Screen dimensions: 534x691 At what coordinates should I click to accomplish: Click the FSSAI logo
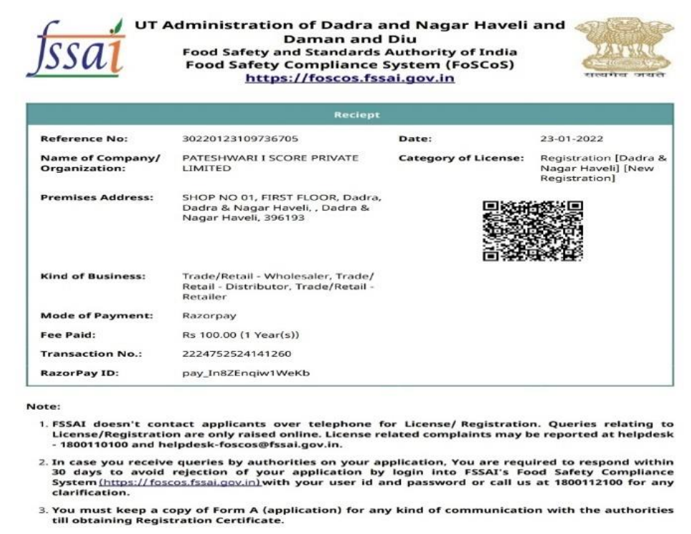(x=74, y=49)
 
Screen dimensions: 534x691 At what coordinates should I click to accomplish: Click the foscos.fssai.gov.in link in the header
(x=349, y=78)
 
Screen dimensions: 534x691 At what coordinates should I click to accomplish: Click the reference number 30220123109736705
(x=240, y=138)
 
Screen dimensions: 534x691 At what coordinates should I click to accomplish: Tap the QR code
(x=532, y=230)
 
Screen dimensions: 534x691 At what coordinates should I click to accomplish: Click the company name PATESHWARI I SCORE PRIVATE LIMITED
(x=270, y=163)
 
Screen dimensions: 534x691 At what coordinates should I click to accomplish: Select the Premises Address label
(x=96, y=197)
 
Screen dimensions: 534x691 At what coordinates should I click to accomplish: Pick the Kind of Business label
(x=93, y=276)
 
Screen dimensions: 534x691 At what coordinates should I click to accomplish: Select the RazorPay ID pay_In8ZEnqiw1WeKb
(x=246, y=373)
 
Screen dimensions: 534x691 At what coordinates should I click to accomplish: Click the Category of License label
(x=461, y=158)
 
